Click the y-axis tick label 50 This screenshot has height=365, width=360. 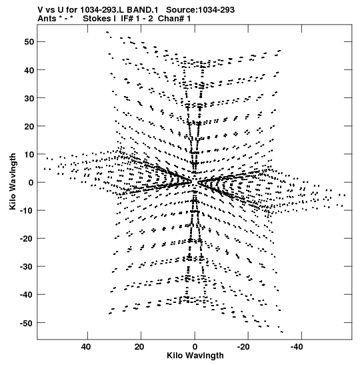coord(29,42)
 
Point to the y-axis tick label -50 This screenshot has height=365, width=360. coord(27,323)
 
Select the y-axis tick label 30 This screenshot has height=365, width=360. coord(29,98)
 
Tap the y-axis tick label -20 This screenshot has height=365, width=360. coord(27,239)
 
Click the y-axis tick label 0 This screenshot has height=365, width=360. coord(31,183)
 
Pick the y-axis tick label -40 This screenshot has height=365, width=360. coord(27,295)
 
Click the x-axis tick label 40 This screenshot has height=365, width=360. coord(86,347)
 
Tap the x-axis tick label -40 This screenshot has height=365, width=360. coord(297,347)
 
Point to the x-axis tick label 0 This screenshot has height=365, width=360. coord(195,347)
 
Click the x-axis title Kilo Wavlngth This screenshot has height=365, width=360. coord(195,356)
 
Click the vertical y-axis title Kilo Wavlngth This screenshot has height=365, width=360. coord(13,181)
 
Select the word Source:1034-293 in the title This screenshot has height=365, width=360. coord(200,10)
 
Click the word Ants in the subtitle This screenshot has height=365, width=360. coord(47,19)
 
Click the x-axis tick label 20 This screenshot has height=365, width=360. coord(139,347)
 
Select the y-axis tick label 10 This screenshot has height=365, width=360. coord(29,154)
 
